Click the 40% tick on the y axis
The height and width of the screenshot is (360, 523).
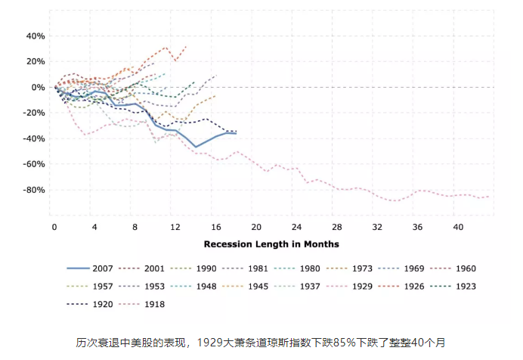(x=36, y=36)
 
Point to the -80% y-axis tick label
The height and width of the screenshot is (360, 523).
(x=33, y=190)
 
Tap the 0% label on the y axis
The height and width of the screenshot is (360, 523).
(x=39, y=88)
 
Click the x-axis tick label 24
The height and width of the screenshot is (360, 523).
(x=296, y=227)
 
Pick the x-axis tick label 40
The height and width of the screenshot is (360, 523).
(x=459, y=227)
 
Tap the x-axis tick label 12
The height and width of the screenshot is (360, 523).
(x=175, y=227)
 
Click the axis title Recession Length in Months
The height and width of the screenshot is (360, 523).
(x=271, y=244)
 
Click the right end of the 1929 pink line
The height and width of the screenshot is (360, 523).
(x=489, y=197)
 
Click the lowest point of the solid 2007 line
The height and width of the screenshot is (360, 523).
(x=196, y=146)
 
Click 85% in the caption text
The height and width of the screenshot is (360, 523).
(x=307, y=342)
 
